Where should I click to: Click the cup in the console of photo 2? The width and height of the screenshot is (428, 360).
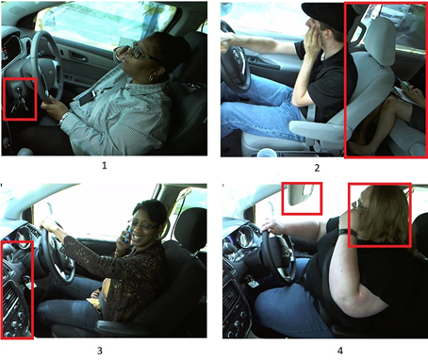click(267, 151)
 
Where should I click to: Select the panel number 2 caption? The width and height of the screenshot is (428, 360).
click(317, 168)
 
